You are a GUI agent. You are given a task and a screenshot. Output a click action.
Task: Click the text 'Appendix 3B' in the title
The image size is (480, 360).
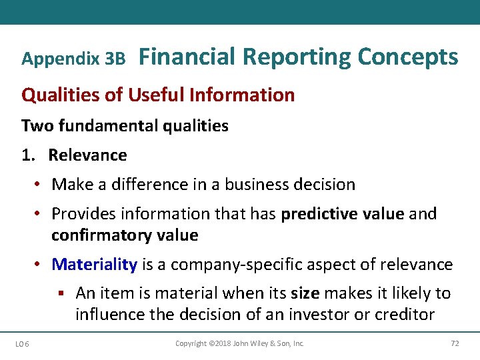pyautogui.click(x=73, y=59)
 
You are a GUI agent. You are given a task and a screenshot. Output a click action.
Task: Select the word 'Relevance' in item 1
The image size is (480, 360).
pyautogui.click(x=87, y=155)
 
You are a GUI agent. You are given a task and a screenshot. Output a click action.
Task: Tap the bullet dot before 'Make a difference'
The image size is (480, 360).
pyautogui.click(x=39, y=185)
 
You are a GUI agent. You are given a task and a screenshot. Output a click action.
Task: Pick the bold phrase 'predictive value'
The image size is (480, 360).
pyautogui.click(x=343, y=213)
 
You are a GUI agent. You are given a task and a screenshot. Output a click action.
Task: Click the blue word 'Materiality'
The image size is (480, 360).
pyautogui.click(x=94, y=265)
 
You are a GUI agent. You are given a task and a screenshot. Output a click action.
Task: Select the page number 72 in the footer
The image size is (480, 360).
pyautogui.click(x=455, y=344)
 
